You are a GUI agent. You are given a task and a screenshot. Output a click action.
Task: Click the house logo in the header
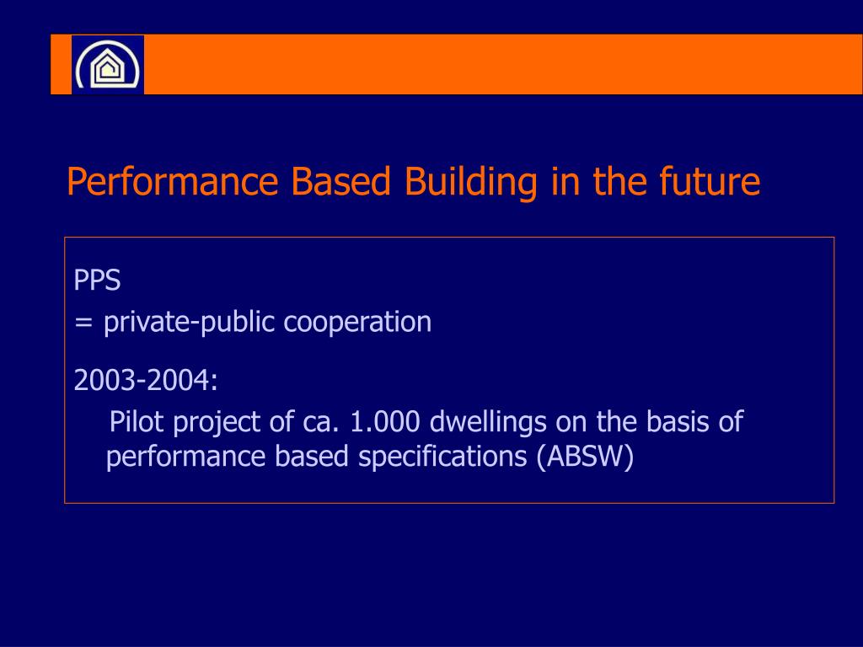point(107,65)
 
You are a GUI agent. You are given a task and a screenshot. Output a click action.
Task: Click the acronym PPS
point(97,281)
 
